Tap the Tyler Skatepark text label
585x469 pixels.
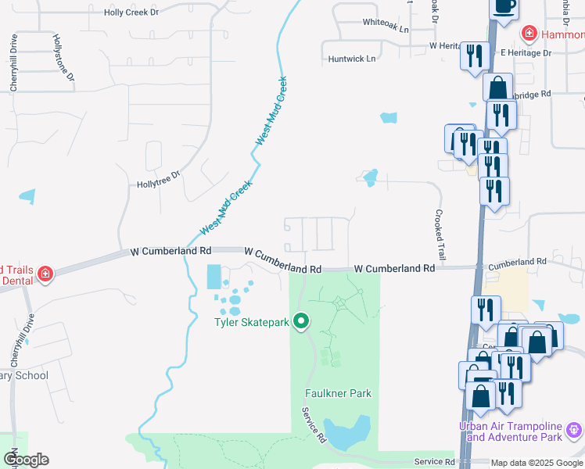253,321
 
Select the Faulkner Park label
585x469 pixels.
338,393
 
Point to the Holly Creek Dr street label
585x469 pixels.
131,13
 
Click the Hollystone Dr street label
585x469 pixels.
63,57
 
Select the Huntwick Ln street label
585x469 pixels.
352,59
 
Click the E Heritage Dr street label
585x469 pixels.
526,52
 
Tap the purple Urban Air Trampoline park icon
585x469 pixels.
574,429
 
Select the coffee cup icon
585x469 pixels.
504,7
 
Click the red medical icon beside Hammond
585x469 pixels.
529,34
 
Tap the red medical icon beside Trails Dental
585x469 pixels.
45,274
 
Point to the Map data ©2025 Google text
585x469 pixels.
536,463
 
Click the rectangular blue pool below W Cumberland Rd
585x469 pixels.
213,276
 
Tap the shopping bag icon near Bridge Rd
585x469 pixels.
497,88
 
